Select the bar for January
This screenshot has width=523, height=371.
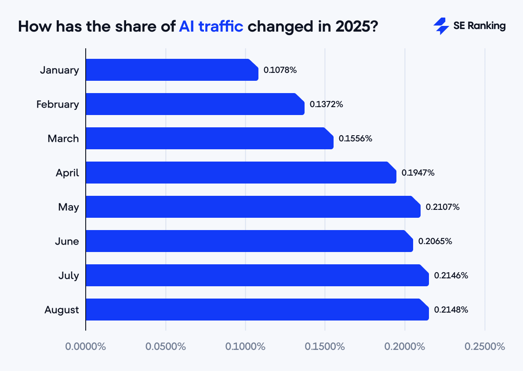click(172, 70)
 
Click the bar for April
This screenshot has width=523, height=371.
click(241, 173)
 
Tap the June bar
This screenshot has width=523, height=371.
click(249, 241)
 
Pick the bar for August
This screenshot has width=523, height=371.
click(257, 310)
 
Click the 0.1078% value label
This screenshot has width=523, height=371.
click(280, 70)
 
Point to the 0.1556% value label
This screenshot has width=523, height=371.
click(356, 138)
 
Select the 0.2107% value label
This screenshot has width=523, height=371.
click(443, 207)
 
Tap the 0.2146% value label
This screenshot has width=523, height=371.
click(451, 276)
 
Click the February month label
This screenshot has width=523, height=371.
click(58, 104)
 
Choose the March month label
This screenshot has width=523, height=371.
click(63, 139)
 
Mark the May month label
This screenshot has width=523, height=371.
click(69, 207)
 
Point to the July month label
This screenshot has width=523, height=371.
click(69, 276)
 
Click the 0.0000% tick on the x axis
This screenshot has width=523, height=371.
click(86, 346)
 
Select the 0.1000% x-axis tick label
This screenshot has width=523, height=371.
click(245, 346)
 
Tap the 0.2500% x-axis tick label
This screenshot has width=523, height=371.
click(485, 346)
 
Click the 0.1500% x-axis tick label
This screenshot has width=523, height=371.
click(325, 346)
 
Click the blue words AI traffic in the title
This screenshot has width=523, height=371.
click(211, 26)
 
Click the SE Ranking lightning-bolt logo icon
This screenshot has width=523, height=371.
click(441, 26)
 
